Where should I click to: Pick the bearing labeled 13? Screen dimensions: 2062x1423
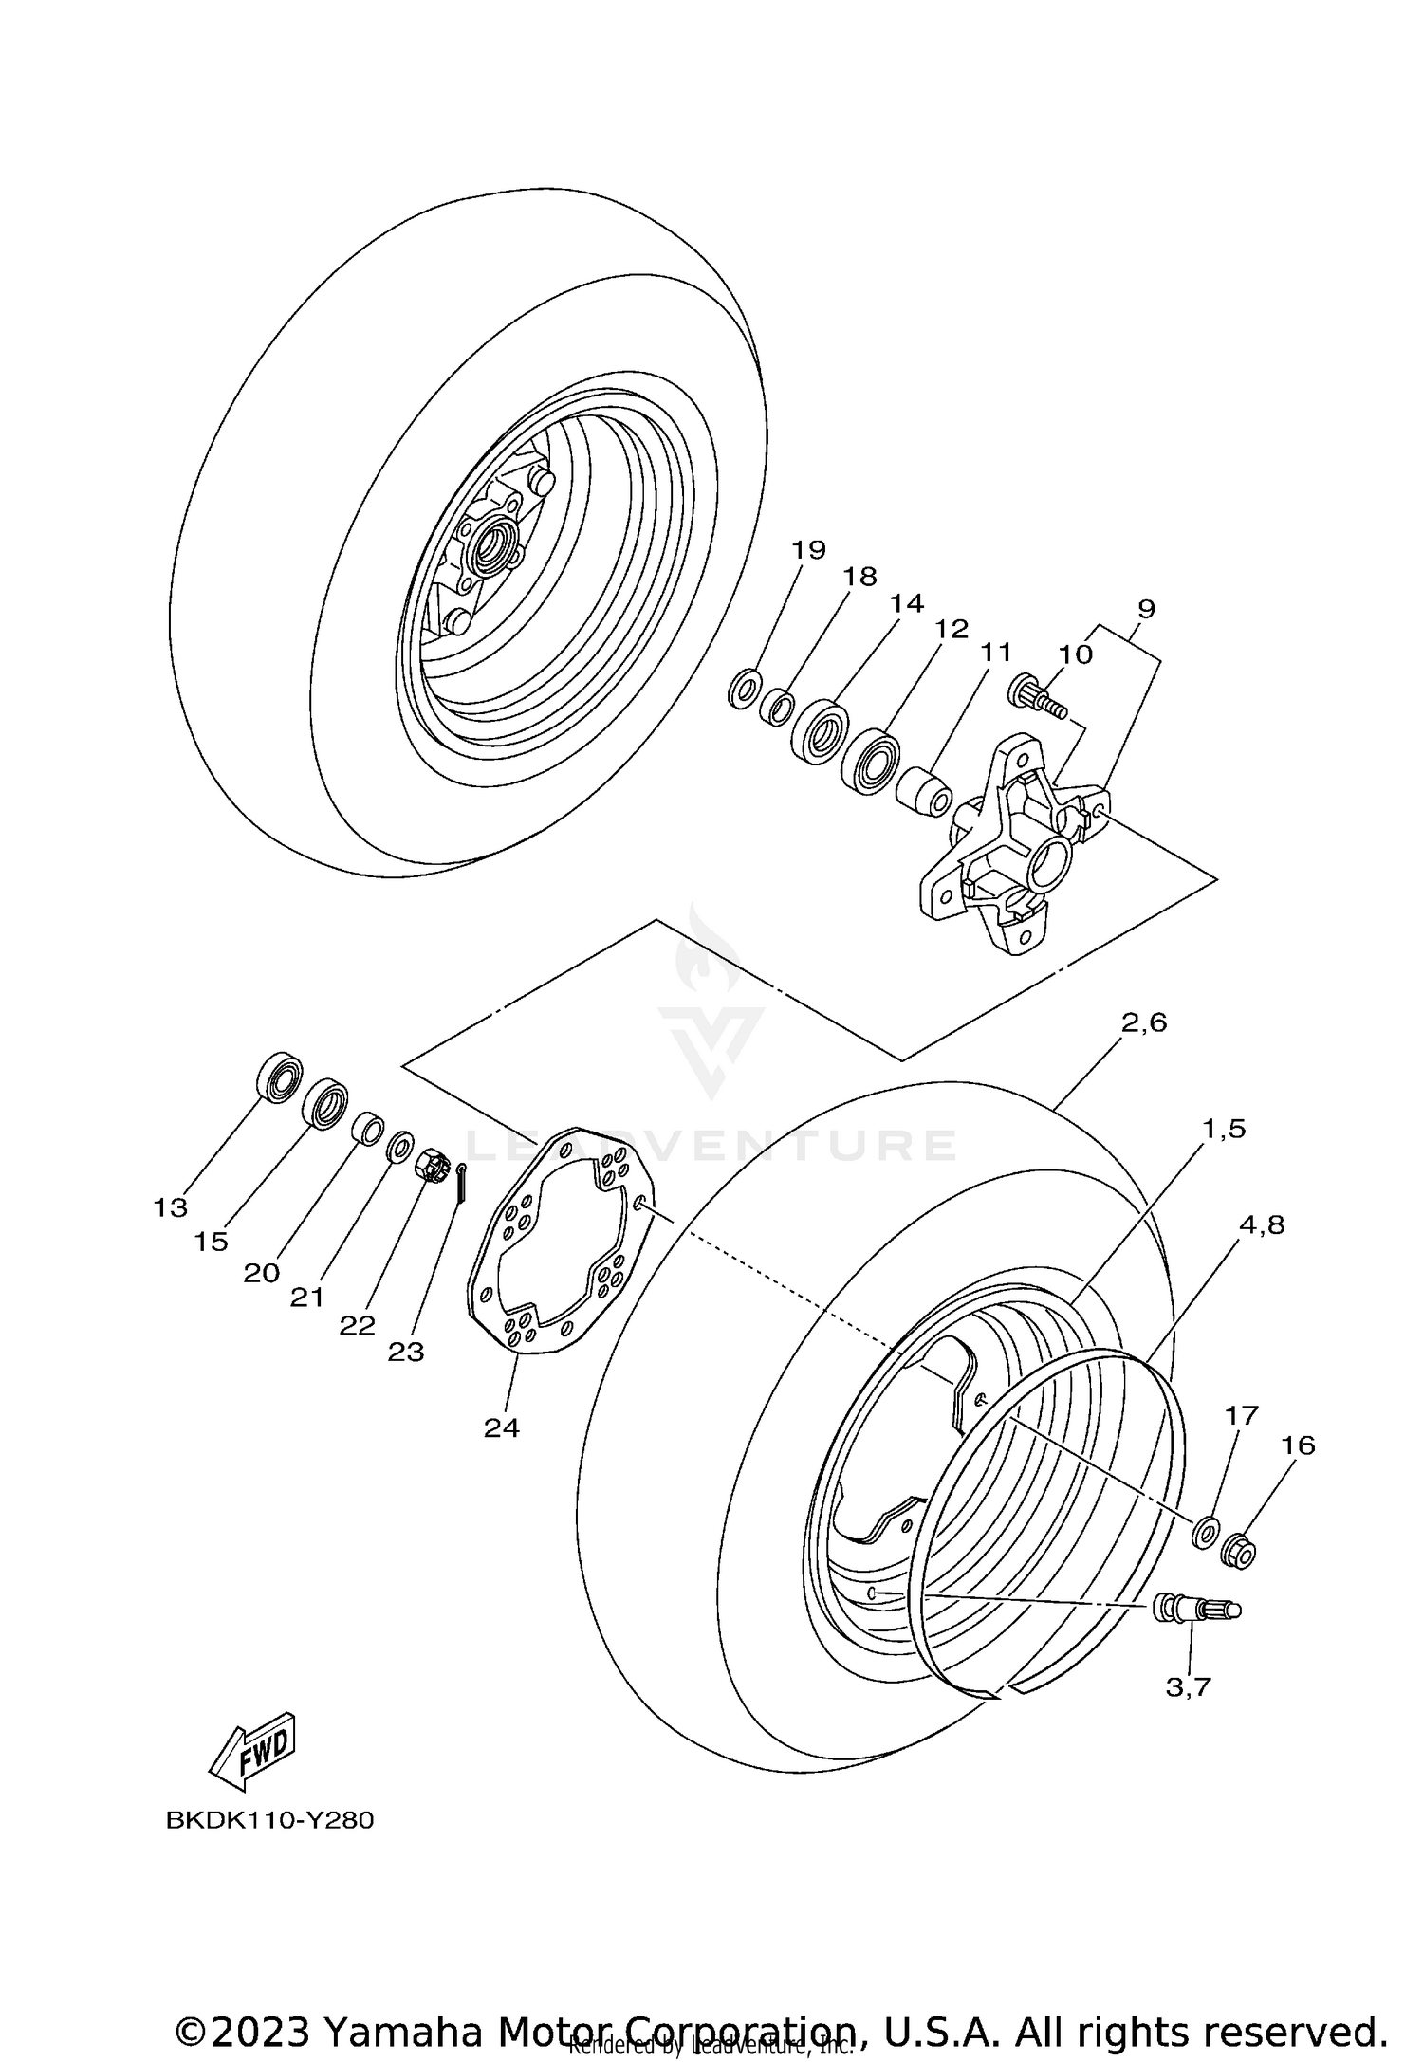click(x=279, y=1076)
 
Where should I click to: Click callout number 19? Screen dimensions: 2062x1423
click(x=809, y=550)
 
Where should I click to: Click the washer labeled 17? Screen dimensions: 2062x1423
click(x=1206, y=1531)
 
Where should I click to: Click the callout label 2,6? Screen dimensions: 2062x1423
click(x=1143, y=1023)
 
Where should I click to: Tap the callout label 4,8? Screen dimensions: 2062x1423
click(x=1261, y=1225)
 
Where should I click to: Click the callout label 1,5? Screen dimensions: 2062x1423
click(x=1223, y=1130)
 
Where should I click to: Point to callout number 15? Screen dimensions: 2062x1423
click(x=211, y=1242)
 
